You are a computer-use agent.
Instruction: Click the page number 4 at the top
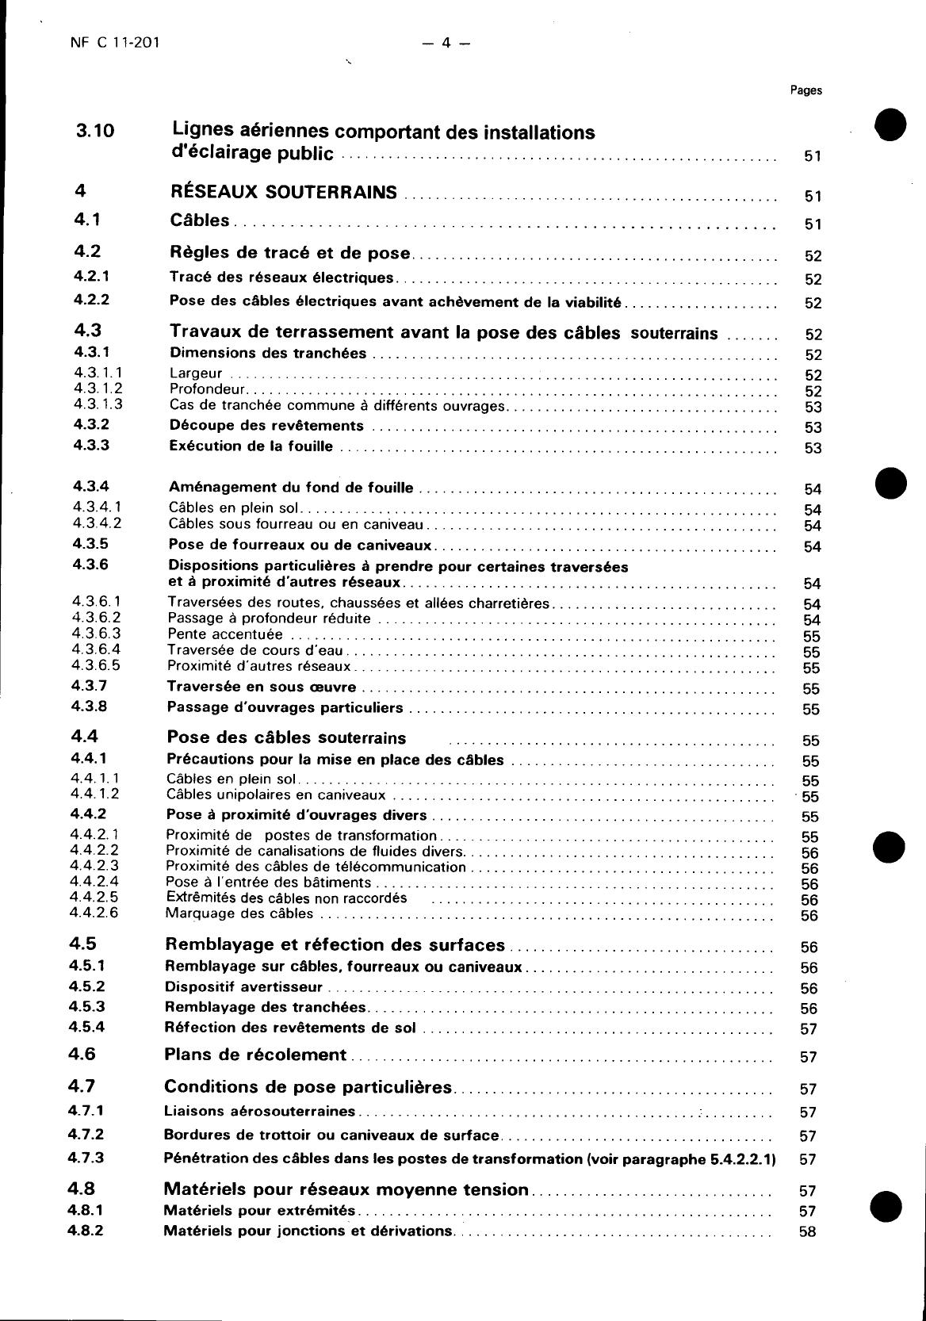(x=446, y=44)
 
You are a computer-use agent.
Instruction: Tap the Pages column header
(x=805, y=90)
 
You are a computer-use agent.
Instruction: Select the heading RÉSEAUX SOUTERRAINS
(x=284, y=192)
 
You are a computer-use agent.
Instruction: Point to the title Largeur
(x=196, y=373)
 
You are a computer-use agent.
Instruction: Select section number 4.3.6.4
(x=96, y=649)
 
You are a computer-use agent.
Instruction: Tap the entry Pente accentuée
(x=225, y=634)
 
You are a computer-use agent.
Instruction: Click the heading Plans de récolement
(x=255, y=1055)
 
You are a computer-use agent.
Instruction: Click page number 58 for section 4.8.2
(x=808, y=1232)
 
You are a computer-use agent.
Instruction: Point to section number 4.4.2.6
(x=94, y=913)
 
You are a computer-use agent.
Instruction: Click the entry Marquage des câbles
(x=239, y=913)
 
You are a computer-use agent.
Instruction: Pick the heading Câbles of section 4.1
(x=200, y=220)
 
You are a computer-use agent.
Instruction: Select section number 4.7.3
(x=86, y=1158)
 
